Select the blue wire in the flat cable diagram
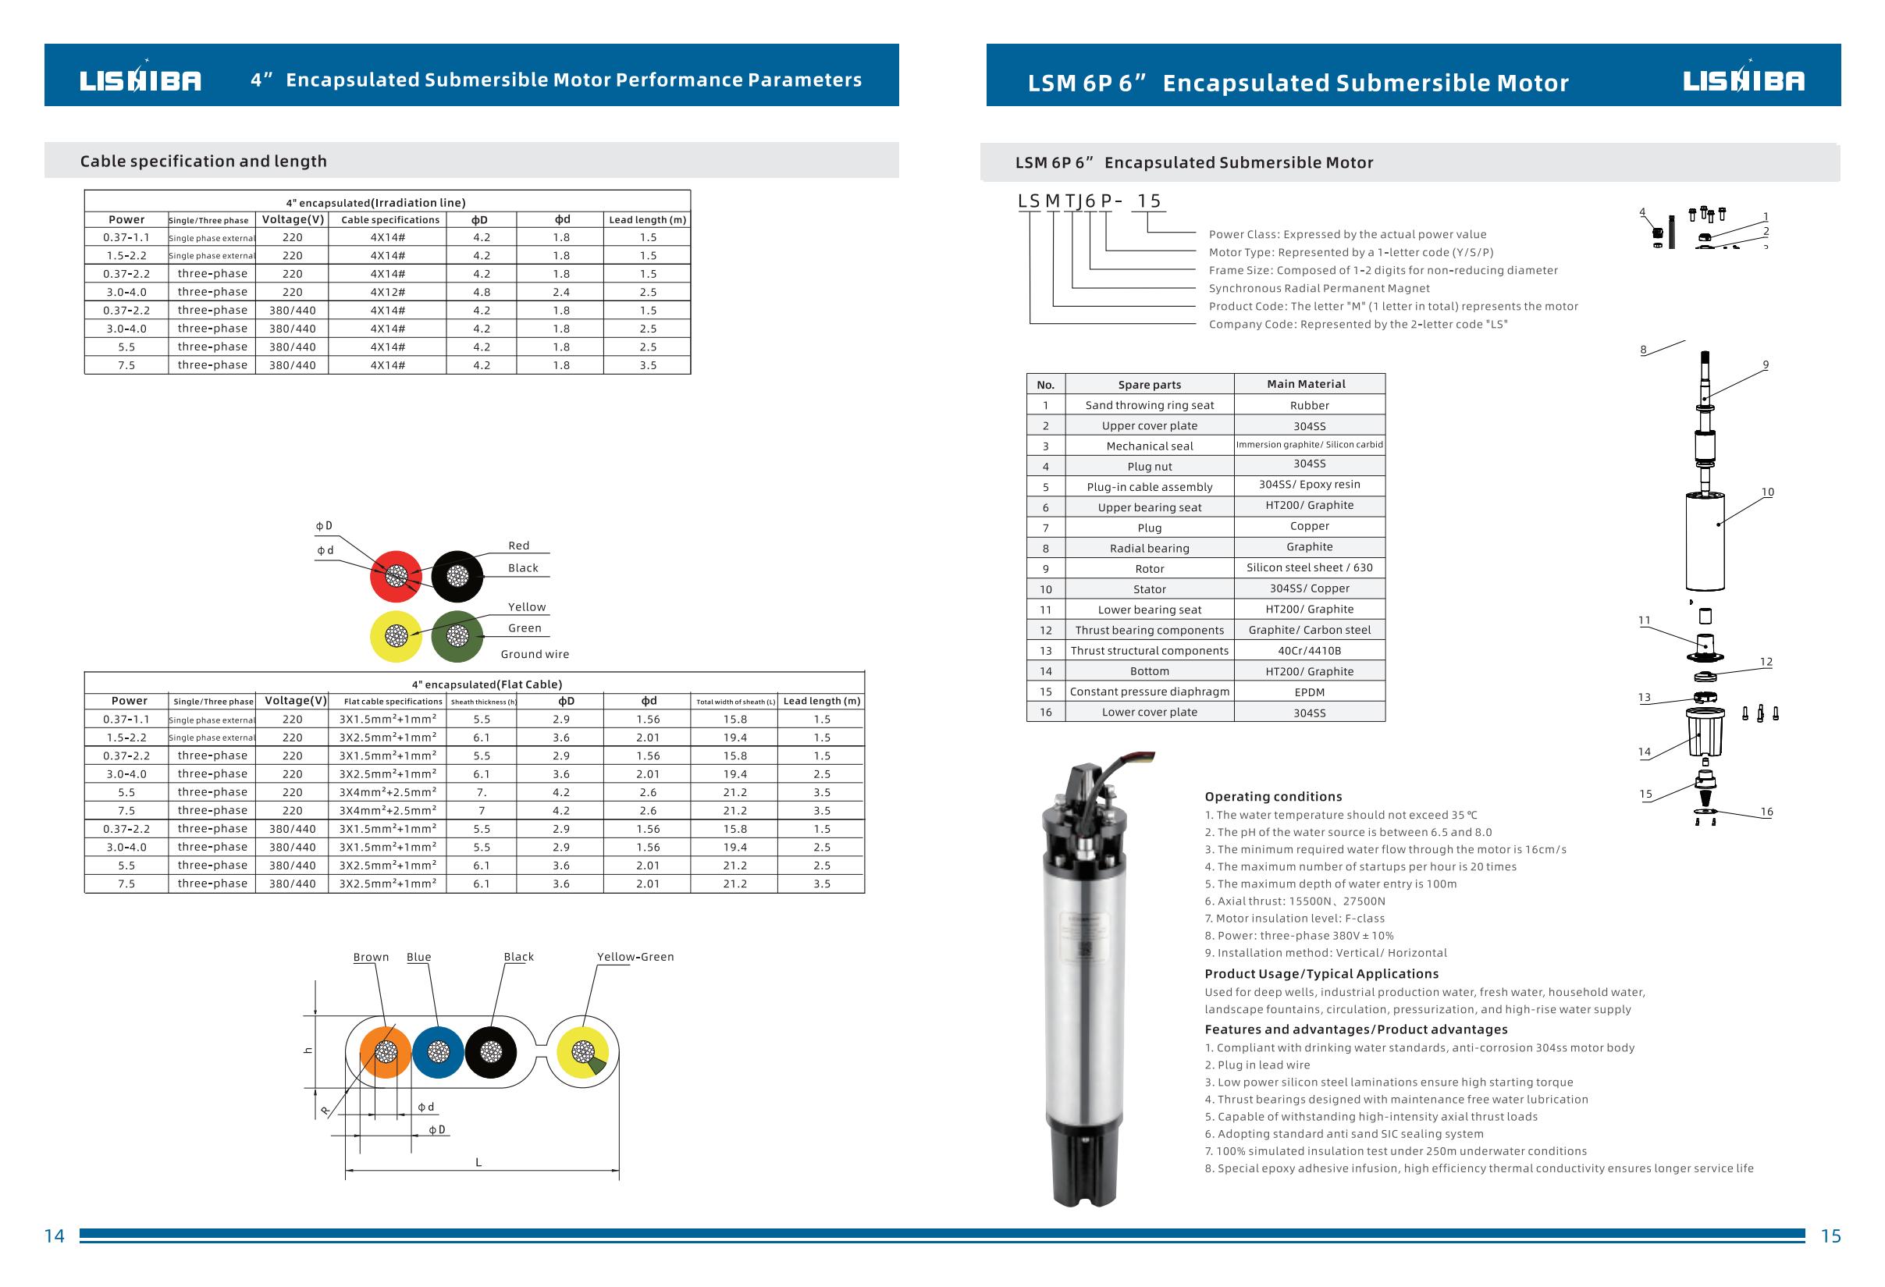(x=438, y=1052)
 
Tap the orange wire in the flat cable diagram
(x=386, y=1052)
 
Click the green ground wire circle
(x=457, y=636)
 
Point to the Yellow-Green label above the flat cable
(x=635, y=957)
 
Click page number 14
(x=55, y=1236)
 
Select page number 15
(x=1830, y=1236)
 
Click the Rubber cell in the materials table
(x=1309, y=406)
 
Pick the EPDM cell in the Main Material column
(x=1309, y=692)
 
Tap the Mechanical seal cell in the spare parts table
(x=1149, y=446)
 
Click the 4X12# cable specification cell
(x=388, y=292)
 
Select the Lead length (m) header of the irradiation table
(x=647, y=220)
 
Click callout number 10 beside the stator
(x=1767, y=492)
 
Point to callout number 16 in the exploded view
(x=1766, y=812)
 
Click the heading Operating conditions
(x=1272, y=796)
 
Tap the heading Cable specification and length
(x=204, y=162)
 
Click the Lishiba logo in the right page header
(x=1743, y=80)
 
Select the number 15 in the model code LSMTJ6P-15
(x=1149, y=201)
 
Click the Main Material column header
(x=1306, y=385)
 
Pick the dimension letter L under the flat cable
(x=478, y=1162)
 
